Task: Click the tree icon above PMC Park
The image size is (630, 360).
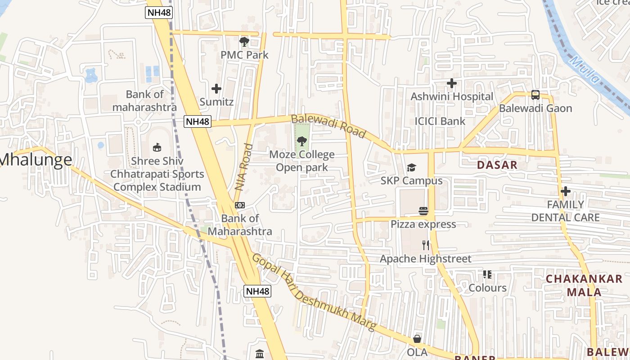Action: [x=244, y=42]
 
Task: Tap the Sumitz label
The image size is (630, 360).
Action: [x=216, y=102]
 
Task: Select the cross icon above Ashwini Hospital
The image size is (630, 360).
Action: [x=452, y=83]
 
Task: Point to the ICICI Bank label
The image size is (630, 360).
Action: [x=440, y=121]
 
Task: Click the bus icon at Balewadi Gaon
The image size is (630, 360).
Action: [x=535, y=95]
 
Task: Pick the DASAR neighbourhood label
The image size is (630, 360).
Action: [x=497, y=165]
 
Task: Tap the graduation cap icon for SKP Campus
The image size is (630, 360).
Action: [x=411, y=168]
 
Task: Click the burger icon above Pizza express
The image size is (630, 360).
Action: [x=423, y=211]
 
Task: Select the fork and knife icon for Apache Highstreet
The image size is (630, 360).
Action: [x=426, y=245]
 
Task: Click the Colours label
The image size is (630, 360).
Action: [x=487, y=288]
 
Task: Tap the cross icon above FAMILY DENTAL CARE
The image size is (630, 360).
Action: [x=566, y=191]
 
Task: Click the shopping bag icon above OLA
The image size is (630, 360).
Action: [x=417, y=339]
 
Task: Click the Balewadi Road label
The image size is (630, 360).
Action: [x=328, y=126]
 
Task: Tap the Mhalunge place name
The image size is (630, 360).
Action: [x=36, y=160]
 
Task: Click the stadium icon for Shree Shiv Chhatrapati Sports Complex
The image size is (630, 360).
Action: [x=157, y=147]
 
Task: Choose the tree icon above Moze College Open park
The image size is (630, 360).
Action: [x=301, y=142]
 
